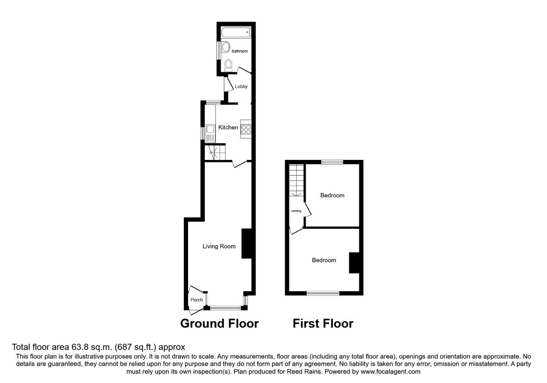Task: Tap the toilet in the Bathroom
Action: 229,65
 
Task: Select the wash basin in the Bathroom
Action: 224,49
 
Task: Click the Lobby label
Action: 241,87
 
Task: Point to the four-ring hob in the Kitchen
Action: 246,128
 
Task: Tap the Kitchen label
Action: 228,127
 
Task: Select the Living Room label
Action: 219,247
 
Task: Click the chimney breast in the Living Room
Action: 247,244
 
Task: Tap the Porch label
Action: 197,300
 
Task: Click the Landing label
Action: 295,211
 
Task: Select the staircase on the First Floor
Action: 296,180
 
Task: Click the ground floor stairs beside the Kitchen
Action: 214,152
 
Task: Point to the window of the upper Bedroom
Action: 332,162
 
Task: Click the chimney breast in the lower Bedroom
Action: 354,262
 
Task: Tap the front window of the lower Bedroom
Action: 323,293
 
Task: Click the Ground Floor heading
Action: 219,324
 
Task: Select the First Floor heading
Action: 323,324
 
